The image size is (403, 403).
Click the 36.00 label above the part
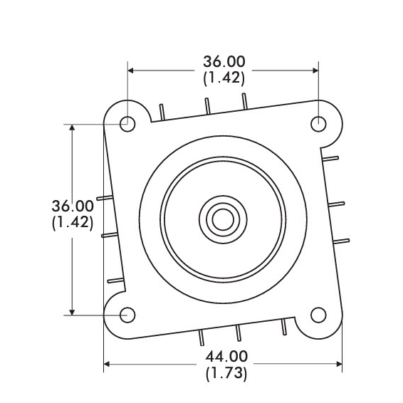point(224,62)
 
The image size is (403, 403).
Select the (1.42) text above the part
point(224,78)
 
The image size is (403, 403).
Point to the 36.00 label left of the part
point(73,206)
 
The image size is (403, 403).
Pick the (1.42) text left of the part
point(73,223)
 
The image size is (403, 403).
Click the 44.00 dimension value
point(226,357)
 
